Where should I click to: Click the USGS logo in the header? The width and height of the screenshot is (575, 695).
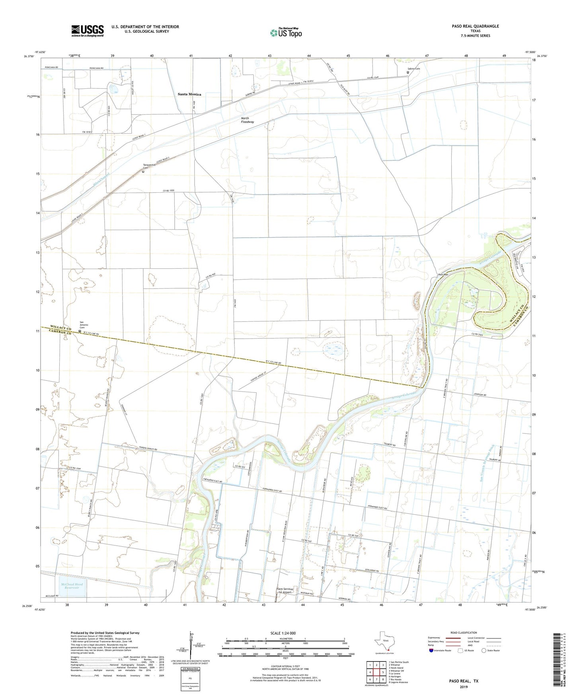click(88, 31)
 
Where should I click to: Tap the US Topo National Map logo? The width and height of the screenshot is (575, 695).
click(285, 32)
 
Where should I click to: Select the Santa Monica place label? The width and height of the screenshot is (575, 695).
click(189, 94)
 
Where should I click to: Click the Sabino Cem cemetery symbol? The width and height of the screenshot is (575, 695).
click(408, 72)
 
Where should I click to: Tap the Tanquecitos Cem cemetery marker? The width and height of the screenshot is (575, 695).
click(143, 172)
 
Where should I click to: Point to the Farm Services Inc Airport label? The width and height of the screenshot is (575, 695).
click(285, 590)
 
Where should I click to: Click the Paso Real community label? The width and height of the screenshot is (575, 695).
click(443, 274)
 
